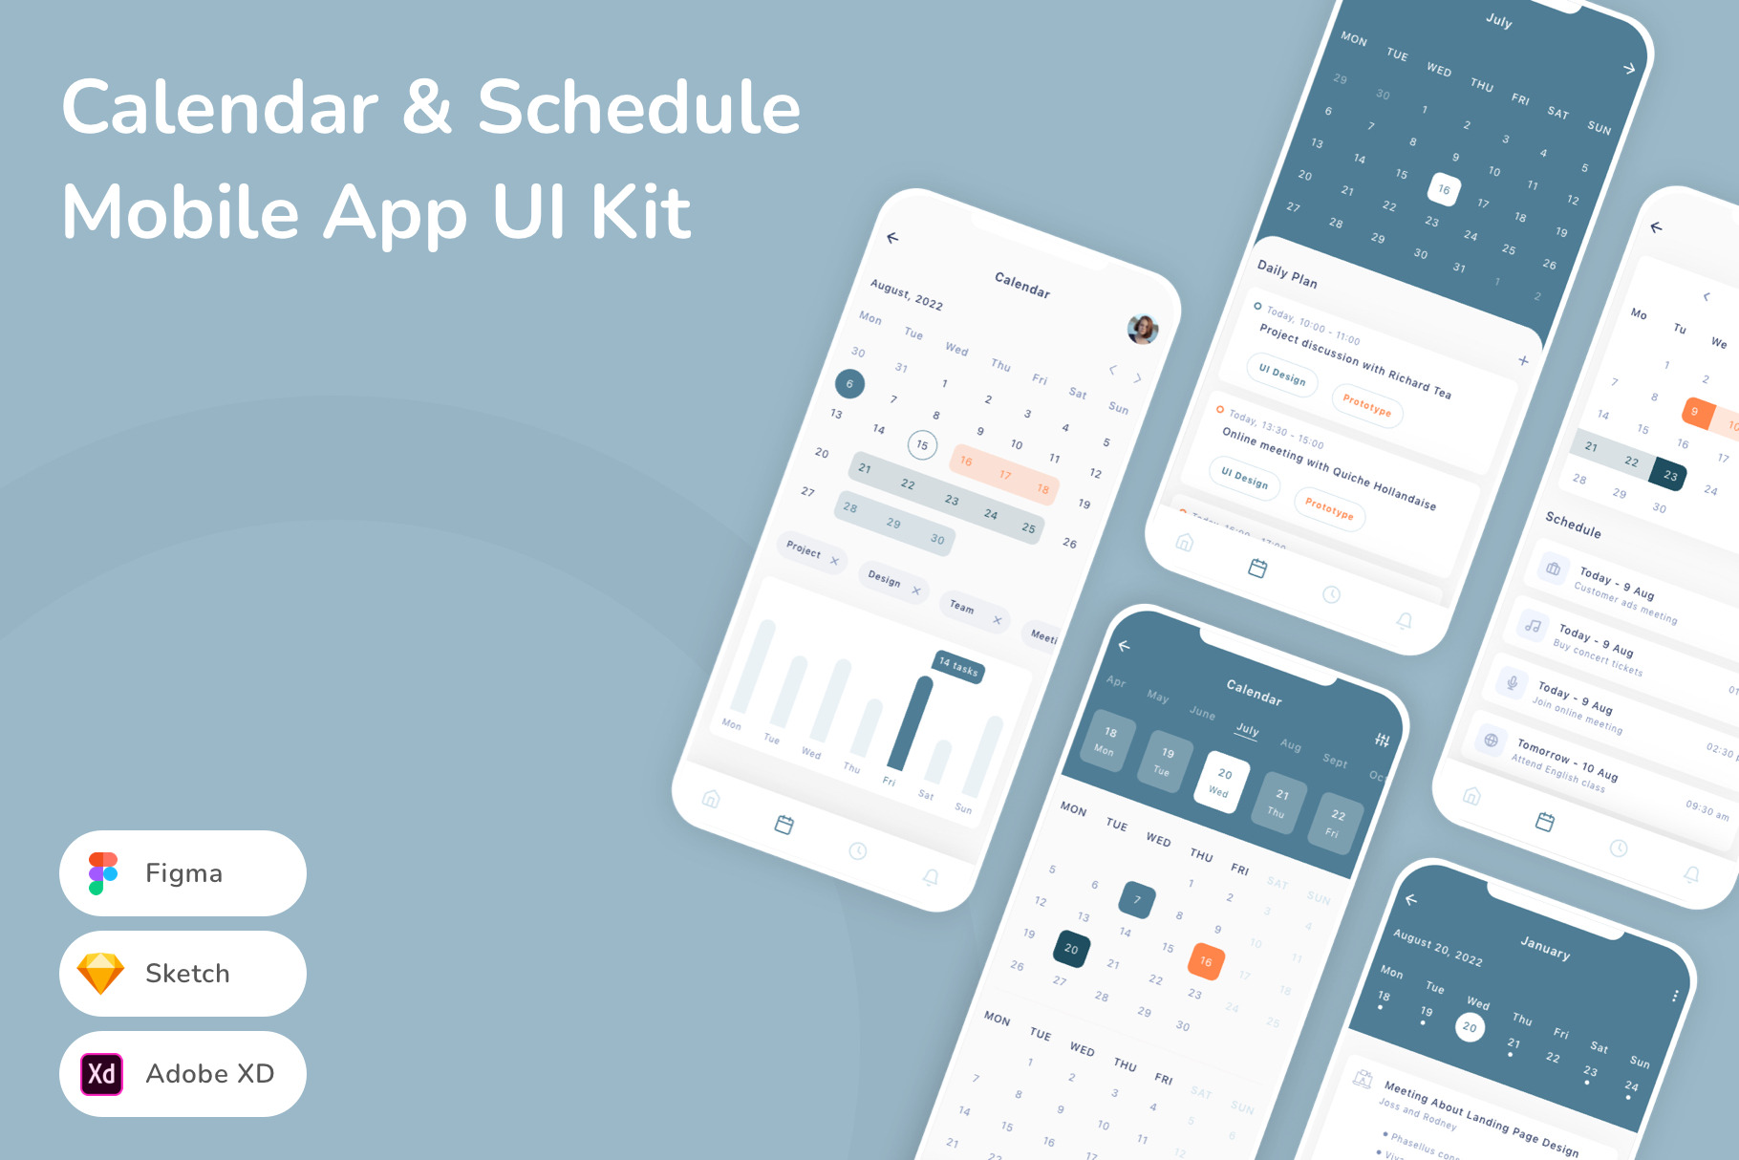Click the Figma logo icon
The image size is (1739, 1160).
tap(103, 873)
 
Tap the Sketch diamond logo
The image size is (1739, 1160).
tap(100, 974)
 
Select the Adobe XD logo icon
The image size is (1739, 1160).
tap(101, 1073)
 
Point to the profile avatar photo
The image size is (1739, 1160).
tap(1143, 329)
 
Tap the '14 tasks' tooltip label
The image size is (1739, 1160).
tap(957, 667)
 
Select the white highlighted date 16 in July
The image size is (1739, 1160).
tap(1444, 189)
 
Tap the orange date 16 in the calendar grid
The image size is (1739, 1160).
tap(1206, 961)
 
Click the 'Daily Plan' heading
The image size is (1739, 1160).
tap(1287, 274)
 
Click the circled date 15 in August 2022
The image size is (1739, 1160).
tap(922, 444)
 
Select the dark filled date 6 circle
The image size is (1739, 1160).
tap(849, 384)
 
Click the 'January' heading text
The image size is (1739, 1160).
tap(1545, 947)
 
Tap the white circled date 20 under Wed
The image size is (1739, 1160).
tap(1470, 1027)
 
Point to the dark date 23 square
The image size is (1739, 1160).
tap(1669, 475)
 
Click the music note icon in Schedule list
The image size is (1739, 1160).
tap(1533, 626)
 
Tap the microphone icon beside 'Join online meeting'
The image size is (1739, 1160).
tap(1512, 682)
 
